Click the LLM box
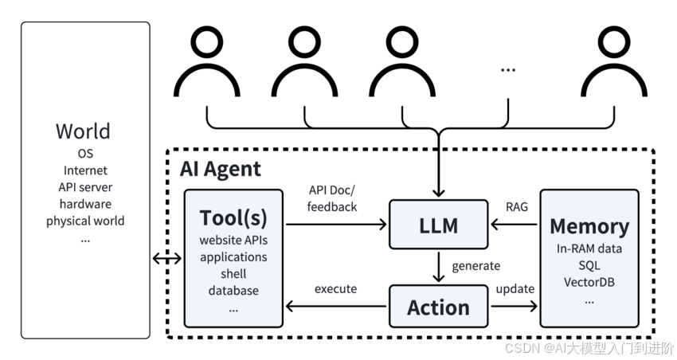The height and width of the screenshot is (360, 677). pyautogui.click(x=438, y=225)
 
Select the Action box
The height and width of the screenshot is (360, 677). pyautogui.click(x=438, y=306)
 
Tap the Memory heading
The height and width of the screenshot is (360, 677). pyautogui.click(x=589, y=226)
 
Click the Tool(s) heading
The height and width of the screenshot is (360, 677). pyautogui.click(x=233, y=218)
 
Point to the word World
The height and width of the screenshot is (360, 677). pyautogui.click(x=83, y=131)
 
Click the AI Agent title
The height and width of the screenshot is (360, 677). pyautogui.click(x=220, y=169)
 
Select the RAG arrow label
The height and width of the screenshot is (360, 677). pyautogui.click(x=517, y=207)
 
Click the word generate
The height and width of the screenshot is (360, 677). pyautogui.click(x=475, y=266)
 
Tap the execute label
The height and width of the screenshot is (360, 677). pyautogui.click(x=335, y=289)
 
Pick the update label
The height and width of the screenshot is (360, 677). pyautogui.click(x=515, y=289)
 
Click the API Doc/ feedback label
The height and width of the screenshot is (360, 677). pyautogui.click(x=332, y=198)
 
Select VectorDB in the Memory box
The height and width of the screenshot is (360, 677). pyautogui.click(x=589, y=282)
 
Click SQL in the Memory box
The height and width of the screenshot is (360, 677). pyautogui.click(x=589, y=265)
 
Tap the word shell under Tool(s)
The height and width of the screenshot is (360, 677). pyautogui.click(x=233, y=274)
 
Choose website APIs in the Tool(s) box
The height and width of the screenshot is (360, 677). pyautogui.click(x=233, y=240)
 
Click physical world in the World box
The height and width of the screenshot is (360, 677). pyautogui.click(x=85, y=221)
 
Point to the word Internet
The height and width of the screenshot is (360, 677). pyautogui.click(x=85, y=170)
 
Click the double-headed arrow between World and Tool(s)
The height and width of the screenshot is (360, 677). pyautogui.click(x=167, y=259)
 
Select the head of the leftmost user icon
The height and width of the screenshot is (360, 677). pyautogui.click(x=207, y=42)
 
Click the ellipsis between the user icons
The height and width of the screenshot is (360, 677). pyautogui.click(x=508, y=70)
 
